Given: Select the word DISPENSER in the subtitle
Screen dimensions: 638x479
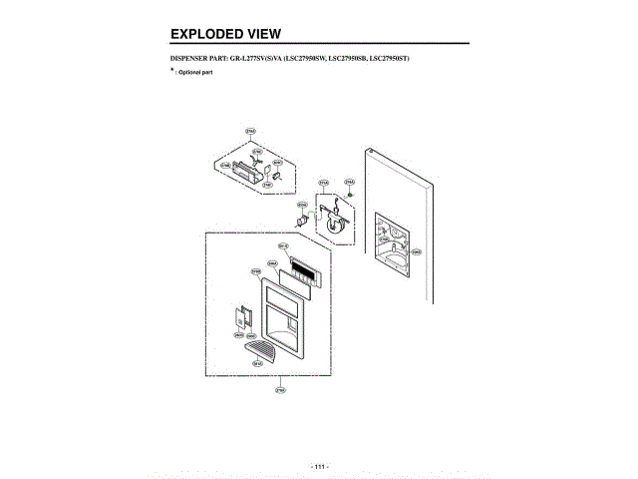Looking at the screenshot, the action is pos(193,62).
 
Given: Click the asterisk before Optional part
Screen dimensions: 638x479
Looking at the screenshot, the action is pos(172,71).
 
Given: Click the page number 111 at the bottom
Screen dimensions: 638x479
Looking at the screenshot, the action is pos(319,465).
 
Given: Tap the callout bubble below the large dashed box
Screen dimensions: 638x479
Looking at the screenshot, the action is pos(282,390).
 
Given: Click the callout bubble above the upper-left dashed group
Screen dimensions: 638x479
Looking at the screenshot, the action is pos(250,131).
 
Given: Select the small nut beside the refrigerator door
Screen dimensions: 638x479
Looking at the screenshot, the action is pos(350,194).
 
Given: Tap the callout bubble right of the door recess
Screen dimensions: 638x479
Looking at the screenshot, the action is pos(418,251).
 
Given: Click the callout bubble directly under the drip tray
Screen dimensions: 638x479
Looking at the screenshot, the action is pos(256,364).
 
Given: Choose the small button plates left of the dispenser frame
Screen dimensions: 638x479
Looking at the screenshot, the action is pos(240,317).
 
